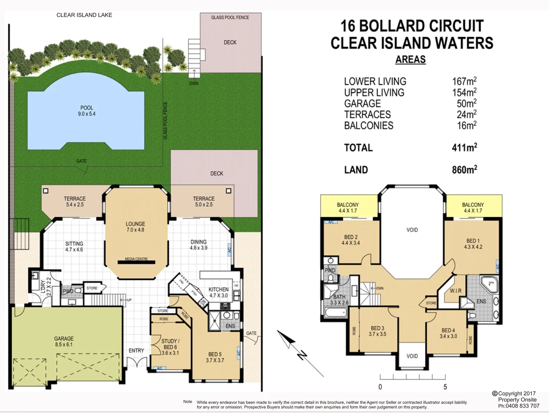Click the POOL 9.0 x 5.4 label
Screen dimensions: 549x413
click(87, 111)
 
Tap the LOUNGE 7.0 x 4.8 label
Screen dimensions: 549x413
click(135, 227)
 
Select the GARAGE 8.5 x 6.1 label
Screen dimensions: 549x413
click(64, 341)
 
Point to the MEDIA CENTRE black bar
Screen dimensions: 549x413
click(136, 262)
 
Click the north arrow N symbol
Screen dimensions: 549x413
click(302, 355)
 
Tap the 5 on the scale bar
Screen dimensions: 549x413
click(445, 387)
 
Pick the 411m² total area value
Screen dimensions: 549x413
click(464, 148)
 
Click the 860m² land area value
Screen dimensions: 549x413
click(464, 170)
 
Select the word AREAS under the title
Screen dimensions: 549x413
click(410, 60)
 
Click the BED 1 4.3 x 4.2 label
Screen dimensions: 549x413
click(473, 244)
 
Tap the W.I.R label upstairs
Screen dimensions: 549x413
click(455, 291)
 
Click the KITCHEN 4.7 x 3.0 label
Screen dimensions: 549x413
click(219, 293)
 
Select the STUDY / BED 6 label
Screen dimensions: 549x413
click(170, 347)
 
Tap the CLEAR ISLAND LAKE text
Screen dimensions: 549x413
click(84, 15)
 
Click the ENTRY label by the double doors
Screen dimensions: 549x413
click(136, 351)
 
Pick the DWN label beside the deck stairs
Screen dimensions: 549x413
click(194, 83)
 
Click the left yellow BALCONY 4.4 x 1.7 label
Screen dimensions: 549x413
click(348, 208)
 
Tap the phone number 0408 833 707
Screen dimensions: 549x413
click(522, 406)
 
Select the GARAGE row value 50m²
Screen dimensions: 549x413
click(466, 104)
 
